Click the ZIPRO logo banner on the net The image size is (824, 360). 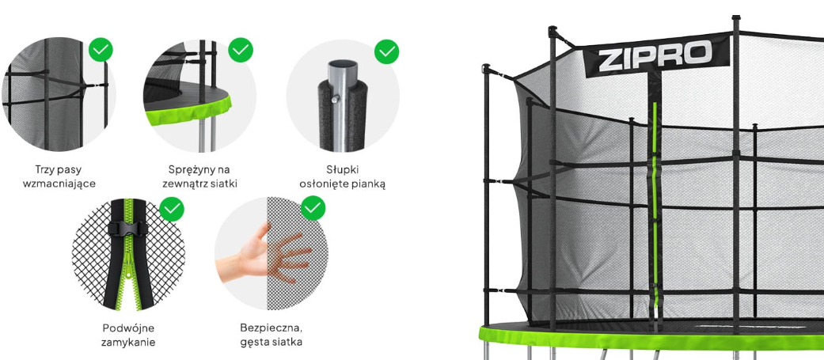pyautogui.click(x=658, y=55)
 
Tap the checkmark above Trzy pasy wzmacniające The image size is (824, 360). pyautogui.click(x=101, y=49)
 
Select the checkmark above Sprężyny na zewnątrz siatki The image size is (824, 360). pyautogui.click(x=241, y=49)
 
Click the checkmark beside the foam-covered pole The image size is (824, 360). pyautogui.click(x=386, y=51)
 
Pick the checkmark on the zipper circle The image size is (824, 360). pyautogui.click(x=172, y=209)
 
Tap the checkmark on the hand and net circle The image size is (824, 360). pyautogui.click(x=313, y=208)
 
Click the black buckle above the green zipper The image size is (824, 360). pyautogui.click(x=128, y=229)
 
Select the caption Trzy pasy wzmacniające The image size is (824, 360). pyautogui.click(x=59, y=176)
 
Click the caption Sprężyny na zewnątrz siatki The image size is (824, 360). pyautogui.click(x=199, y=176)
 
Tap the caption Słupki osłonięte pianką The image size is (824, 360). pyautogui.click(x=342, y=176)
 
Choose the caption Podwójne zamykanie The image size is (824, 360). pyautogui.click(x=128, y=335)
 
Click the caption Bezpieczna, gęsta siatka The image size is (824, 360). pyautogui.click(x=272, y=335)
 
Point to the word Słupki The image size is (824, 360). pyautogui.click(x=342, y=170)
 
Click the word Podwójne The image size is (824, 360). pyautogui.click(x=128, y=328)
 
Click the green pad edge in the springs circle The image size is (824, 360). pyautogui.click(x=190, y=110)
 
